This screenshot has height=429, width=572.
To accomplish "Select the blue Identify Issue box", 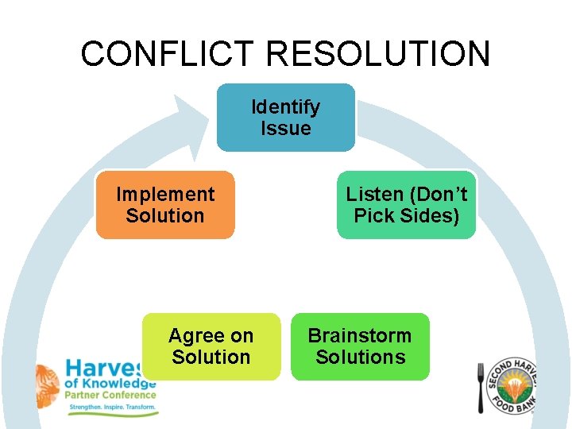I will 286,118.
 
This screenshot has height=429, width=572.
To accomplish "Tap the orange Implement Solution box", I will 165,205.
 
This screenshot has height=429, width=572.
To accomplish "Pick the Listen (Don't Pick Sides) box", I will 406,205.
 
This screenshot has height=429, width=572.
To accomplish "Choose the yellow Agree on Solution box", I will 211,346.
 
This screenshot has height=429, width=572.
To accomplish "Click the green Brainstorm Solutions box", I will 360,346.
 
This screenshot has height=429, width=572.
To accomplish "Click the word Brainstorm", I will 360,335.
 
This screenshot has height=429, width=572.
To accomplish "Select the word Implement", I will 165,195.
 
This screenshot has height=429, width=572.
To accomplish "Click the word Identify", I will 286,106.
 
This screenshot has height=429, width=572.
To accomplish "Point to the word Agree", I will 191,336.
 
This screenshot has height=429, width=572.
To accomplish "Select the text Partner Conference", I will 110,395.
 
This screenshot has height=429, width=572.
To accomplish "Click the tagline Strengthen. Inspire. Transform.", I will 114,408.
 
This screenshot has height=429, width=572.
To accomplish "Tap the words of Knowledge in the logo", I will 110,383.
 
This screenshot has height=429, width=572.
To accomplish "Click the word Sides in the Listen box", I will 435,216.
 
